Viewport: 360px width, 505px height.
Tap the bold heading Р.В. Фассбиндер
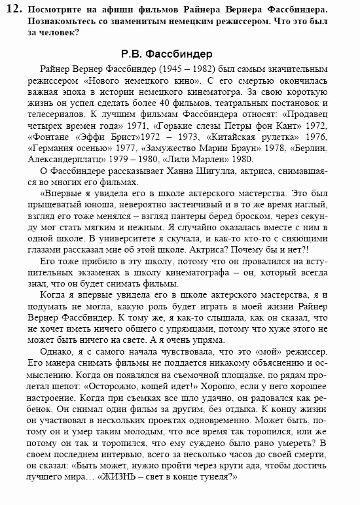(x=167, y=52)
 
